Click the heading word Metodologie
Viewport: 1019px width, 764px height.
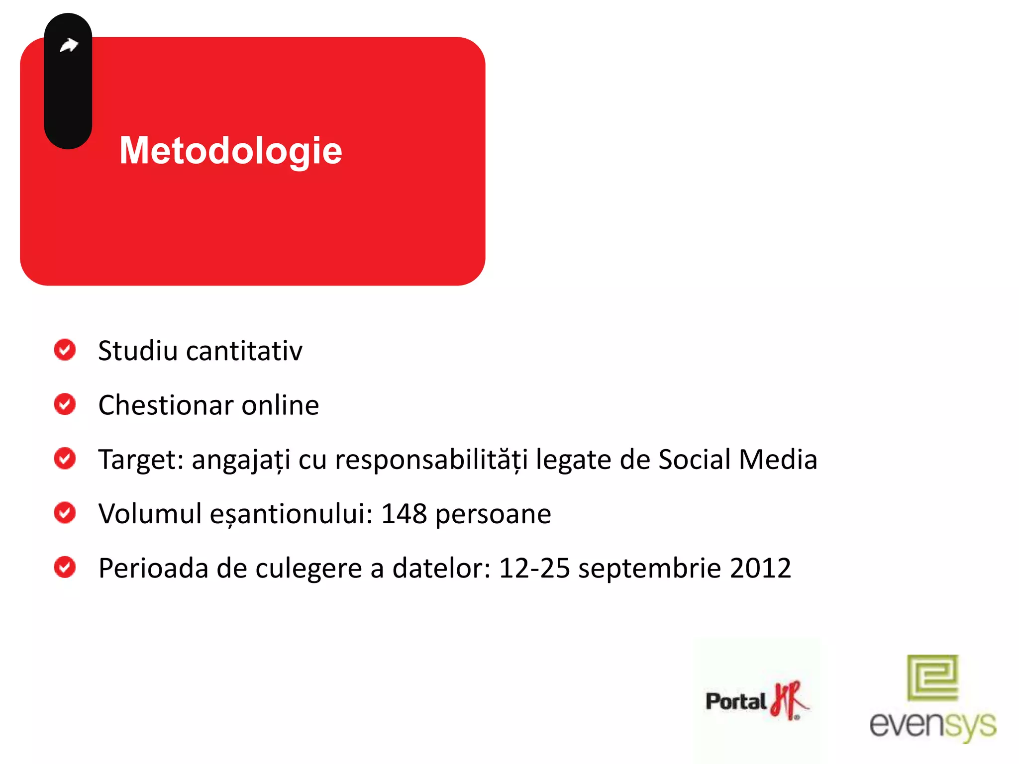[x=230, y=151]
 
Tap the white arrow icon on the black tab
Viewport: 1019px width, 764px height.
[x=69, y=45]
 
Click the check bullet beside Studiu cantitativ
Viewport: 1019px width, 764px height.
[x=65, y=350]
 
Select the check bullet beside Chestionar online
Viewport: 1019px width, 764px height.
[x=65, y=404]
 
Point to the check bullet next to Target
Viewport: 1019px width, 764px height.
[x=65, y=458]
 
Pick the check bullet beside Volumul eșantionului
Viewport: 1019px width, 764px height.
[x=65, y=513]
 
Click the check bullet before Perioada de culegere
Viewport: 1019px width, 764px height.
[x=65, y=567]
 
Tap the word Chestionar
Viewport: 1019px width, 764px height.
[x=166, y=405]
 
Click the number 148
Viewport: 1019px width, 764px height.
[x=404, y=514]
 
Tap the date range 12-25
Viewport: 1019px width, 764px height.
[x=534, y=568]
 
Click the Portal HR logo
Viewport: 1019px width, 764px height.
[x=756, y=701]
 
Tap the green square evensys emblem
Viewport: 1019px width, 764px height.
[x=932, y=677]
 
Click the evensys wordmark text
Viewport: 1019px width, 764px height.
[x=932, y=725]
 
